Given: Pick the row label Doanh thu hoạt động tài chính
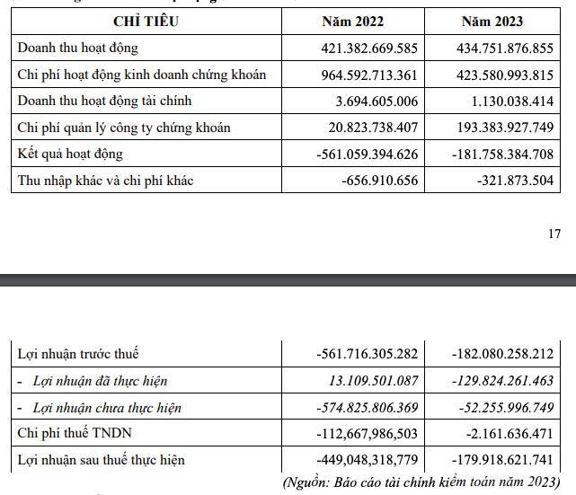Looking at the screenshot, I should pyautogui.click(x=105, y=101).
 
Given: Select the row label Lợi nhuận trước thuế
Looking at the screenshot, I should pyautogui.click(x=78, y=354).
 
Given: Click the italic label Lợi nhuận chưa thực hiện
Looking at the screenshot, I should pyautogui.click(x=107, y=408).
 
